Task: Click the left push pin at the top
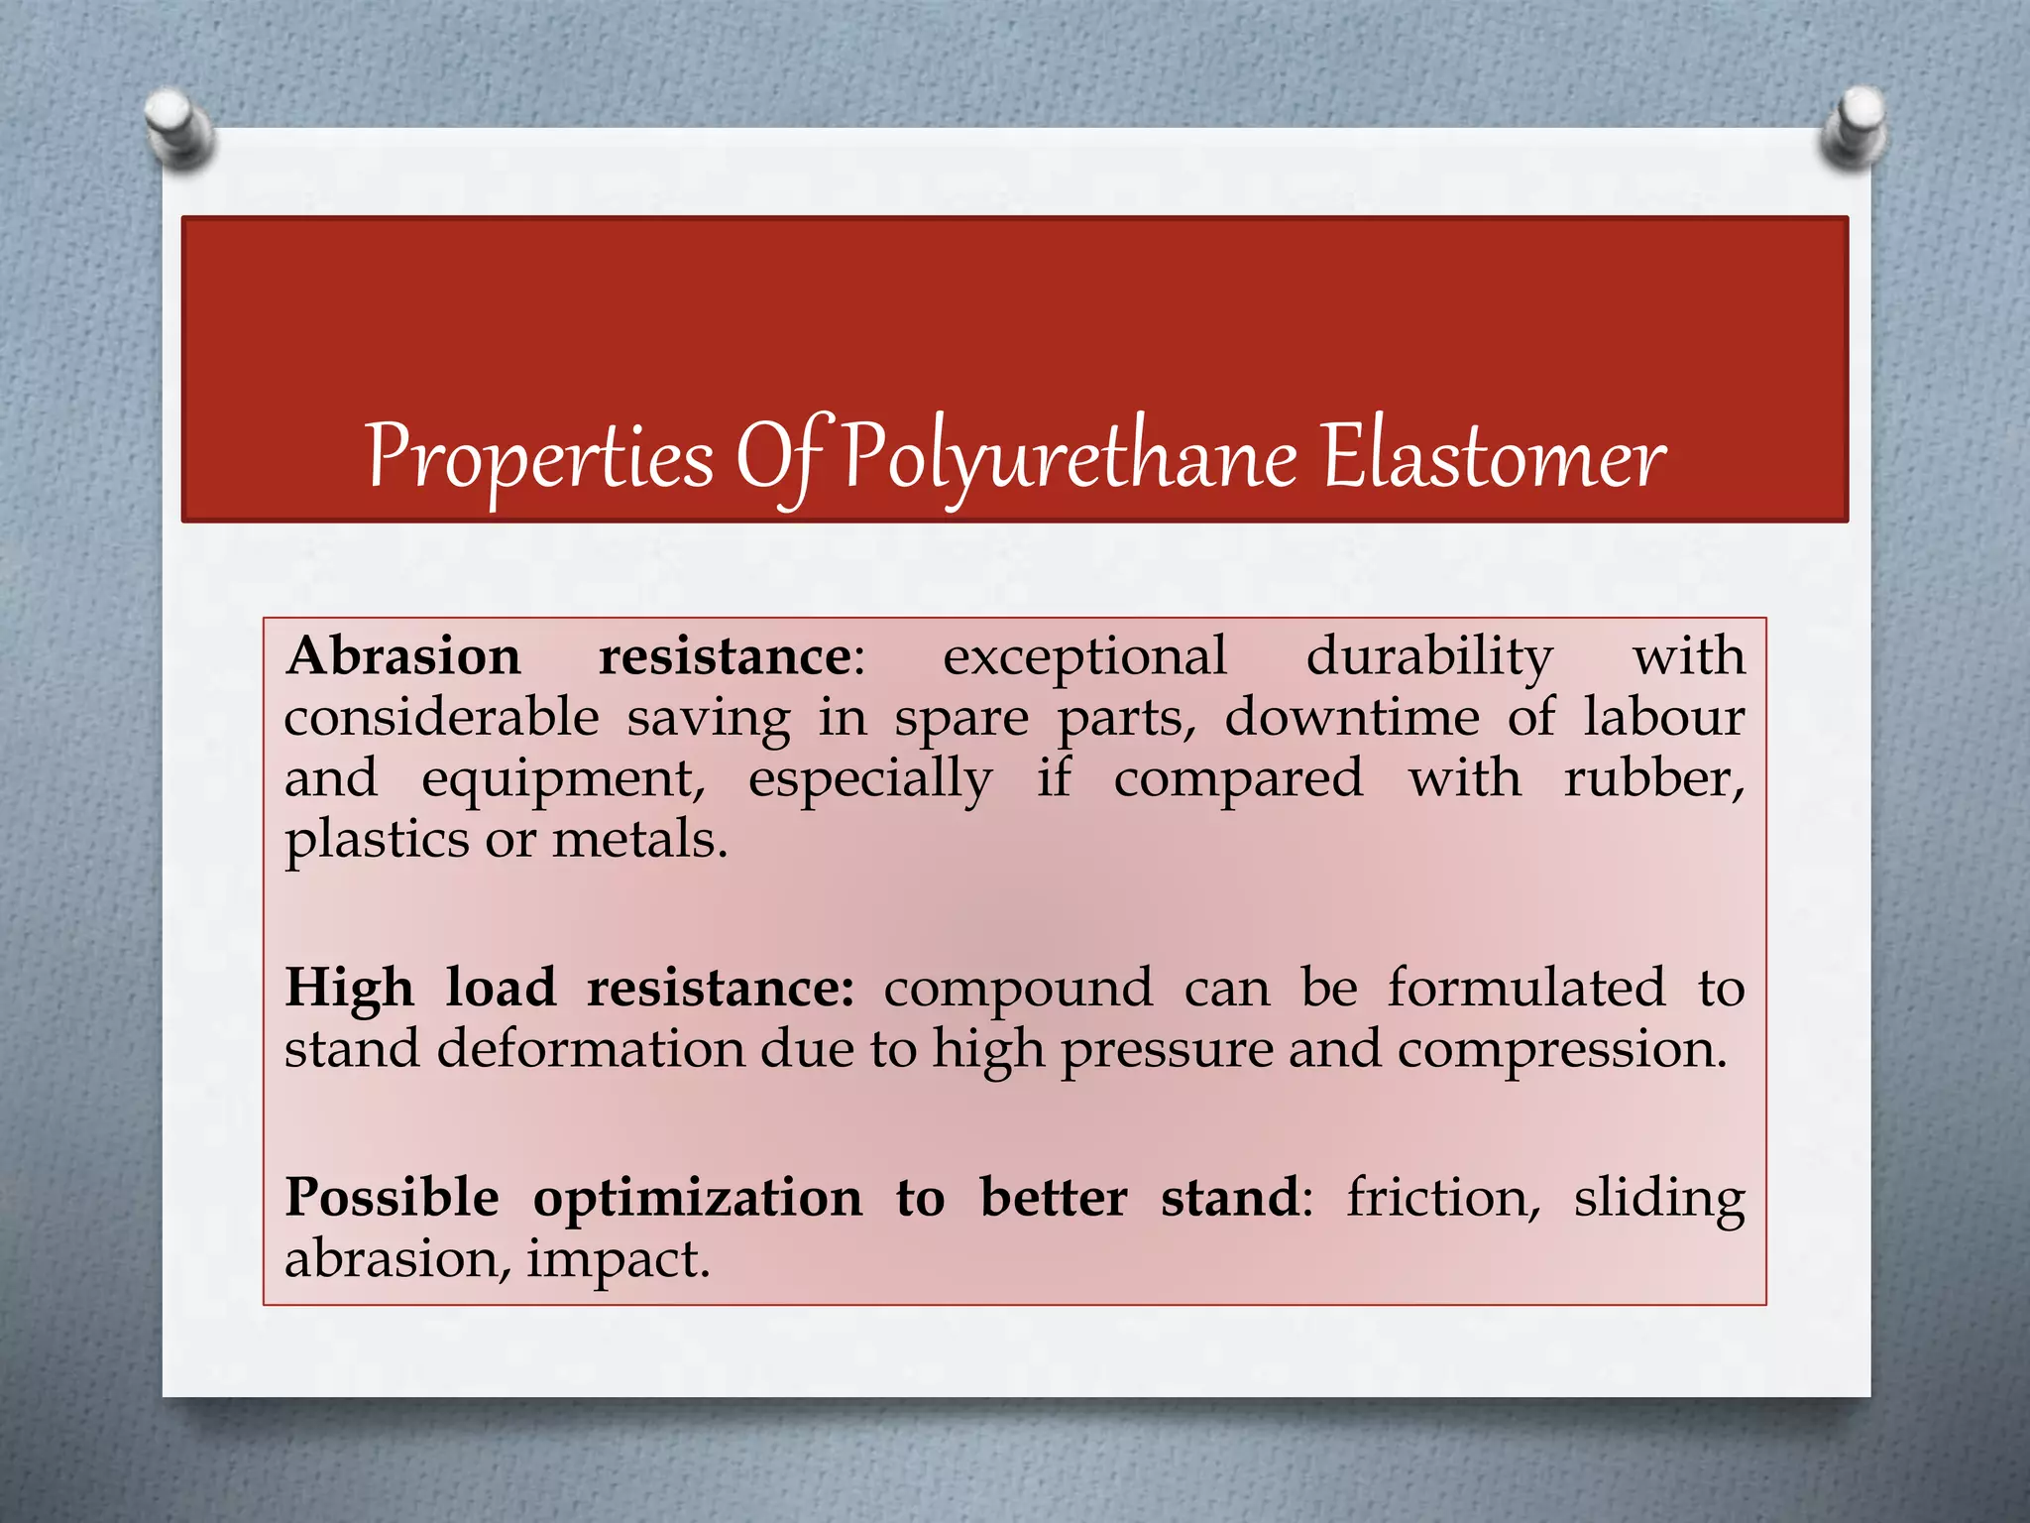tap(179, 128)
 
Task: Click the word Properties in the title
tap(540, 458)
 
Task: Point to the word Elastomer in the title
tap(1495, 458)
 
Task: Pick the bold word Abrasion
tap(403, 656)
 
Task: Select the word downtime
tap(1352, 717)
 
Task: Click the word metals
tap(639, 840)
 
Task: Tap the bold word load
tap(501, 988)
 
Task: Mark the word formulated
tap(1525, 988)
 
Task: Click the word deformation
tap(591, 1049)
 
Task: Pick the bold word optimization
tap(698, 1198)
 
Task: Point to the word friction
tap(1443, 1198)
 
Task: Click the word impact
tap(618, 1260)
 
